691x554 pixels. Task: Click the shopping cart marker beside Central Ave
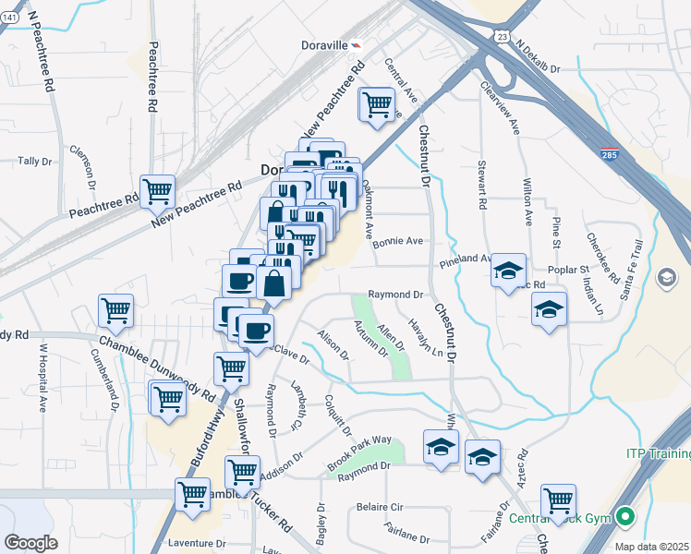[377, 107]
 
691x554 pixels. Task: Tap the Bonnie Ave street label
[398, 241]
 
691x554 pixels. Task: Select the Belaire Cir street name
[381, 507]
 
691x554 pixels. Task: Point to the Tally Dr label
[35, 162]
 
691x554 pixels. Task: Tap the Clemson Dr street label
[84, 163]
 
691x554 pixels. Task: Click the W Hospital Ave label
[42, 378]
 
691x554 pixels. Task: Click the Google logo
[30, 542]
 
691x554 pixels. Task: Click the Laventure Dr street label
[197, 544]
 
